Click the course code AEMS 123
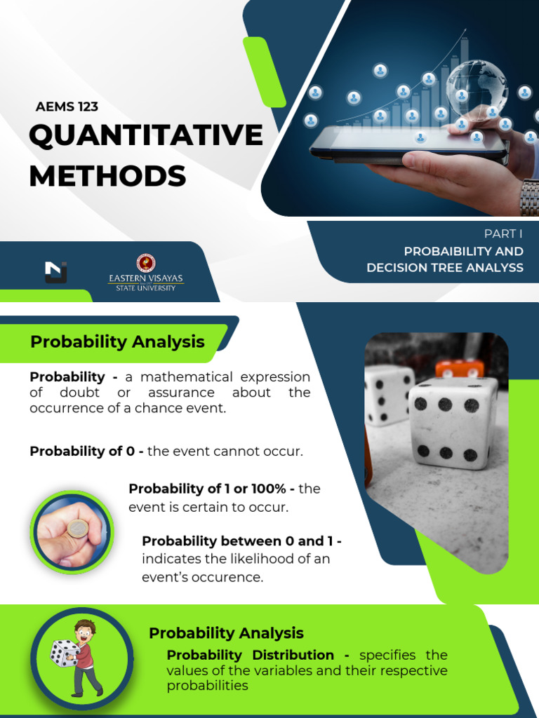(67, 107)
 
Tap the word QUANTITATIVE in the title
(146, 135)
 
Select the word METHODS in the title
(107, 175)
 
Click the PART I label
(503, 234)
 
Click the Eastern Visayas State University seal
(146, 263)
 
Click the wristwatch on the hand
(528, 197)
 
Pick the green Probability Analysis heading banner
(117, 342)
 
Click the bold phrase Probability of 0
(86, 452)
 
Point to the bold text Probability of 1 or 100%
(212, 489)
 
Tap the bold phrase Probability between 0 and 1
(241, 541)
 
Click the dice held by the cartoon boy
(64, 653)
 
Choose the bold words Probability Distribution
(251, 655)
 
